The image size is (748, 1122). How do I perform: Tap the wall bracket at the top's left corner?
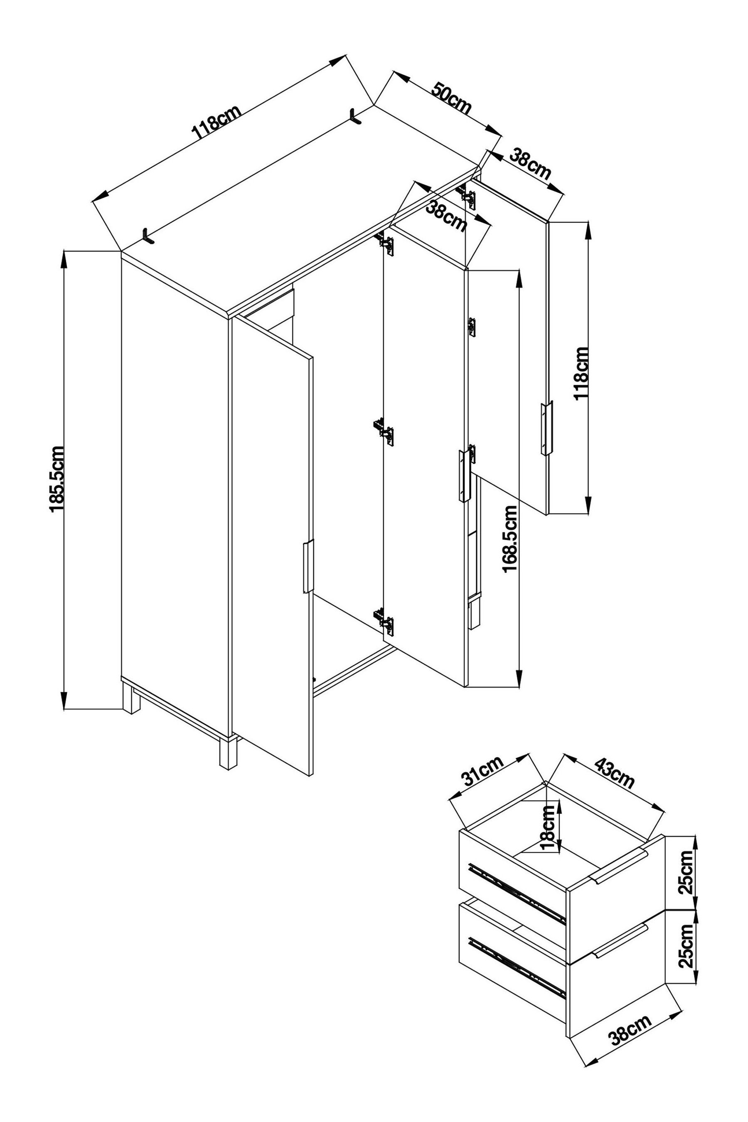tap(148, 236)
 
